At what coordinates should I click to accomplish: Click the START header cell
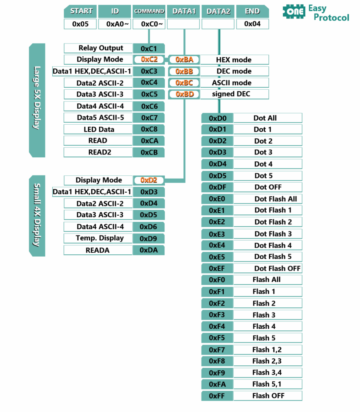(80, 11)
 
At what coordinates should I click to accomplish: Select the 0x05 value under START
(80, 24)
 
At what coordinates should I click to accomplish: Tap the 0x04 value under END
(252, 24)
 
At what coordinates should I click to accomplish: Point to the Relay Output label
(98, 48)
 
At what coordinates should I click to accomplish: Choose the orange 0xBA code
(184, 60)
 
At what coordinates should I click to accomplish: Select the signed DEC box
(234, 94)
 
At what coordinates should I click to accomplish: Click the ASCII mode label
(234, 83)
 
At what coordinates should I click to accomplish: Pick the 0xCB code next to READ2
(149, 152)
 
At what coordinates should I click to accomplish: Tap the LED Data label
(98, 130)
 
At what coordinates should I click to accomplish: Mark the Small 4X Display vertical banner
(37, 215)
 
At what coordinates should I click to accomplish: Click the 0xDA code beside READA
(149, 250)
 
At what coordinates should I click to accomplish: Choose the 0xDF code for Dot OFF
(218, 187)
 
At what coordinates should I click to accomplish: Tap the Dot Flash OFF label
(277, 268)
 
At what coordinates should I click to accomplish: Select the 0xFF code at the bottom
(218, 396)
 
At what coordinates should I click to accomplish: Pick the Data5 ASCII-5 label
(98, 118)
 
